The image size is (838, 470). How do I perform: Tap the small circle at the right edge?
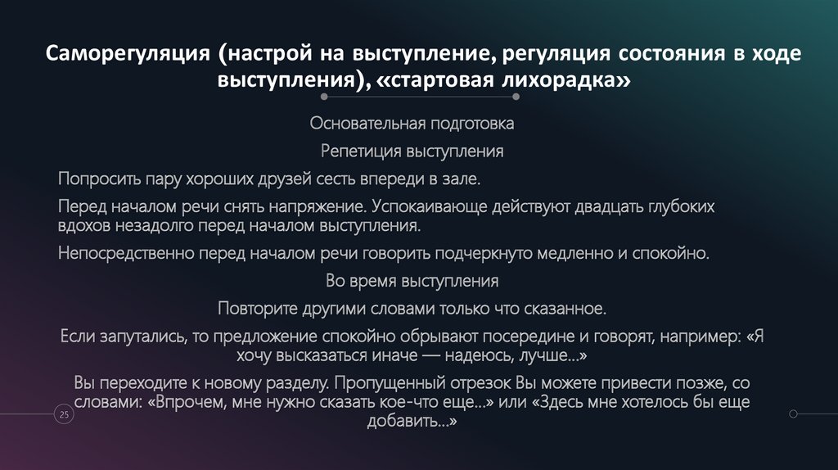tap(792, 414)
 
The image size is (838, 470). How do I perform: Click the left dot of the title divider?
tap(325, 97)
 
